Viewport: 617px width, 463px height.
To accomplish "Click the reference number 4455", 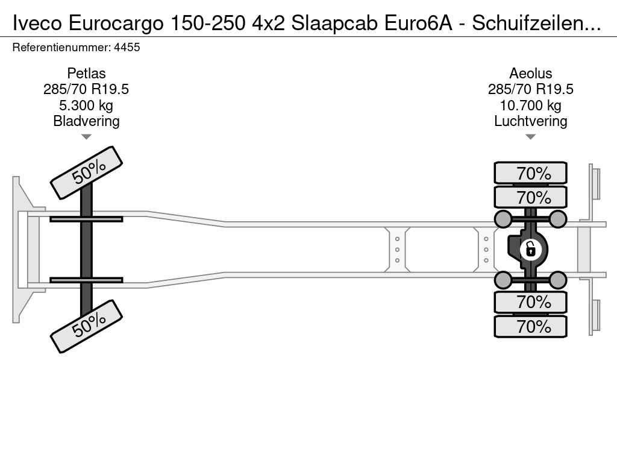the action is [x=127, y=47].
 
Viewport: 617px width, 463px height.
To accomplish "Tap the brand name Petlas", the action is [x=86, y=73].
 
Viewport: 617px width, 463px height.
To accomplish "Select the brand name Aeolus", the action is [x=530, y=73].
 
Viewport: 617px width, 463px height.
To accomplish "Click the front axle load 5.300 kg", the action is [x=86, y=106].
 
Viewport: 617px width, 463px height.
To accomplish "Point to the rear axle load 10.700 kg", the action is [x=530, y=106].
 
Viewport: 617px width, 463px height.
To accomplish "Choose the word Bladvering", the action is [x=86, y=121].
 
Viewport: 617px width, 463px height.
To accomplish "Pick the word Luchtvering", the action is [x=530, y=121].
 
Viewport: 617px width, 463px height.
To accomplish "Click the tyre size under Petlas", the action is [x=86, y=89].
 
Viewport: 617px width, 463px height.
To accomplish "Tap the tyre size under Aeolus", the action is [x=530, y=89].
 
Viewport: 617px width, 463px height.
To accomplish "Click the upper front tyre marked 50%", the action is [x=87, y=172].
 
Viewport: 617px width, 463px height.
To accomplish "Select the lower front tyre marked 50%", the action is [x=87, y=326].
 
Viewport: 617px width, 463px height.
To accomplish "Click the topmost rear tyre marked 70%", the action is [x=530, y=173].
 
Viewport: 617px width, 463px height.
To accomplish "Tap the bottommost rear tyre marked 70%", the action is [x=530, y=326].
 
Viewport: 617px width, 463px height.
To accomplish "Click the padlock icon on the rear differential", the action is [x=530, y=249].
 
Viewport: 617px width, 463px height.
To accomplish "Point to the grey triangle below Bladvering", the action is [x=86, y=137].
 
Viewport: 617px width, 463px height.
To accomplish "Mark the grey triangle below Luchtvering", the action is [x=530, y=137].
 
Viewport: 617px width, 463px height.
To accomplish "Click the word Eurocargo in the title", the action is [x=116, y=24].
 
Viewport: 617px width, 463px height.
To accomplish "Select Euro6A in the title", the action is [x=418, y=24].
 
